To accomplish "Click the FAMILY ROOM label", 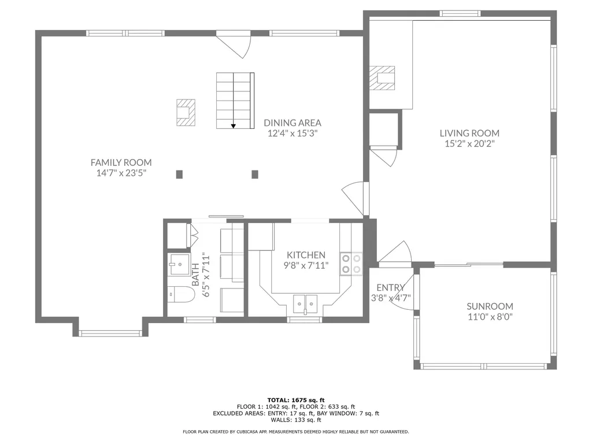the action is [x=121, y=162].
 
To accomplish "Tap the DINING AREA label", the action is [x=293, y=123].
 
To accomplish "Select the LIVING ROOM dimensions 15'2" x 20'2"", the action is [x=469, y=144].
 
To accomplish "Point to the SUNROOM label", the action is [x=490, y=306].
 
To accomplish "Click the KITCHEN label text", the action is [x=306, y=255].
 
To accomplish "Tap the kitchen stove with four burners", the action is [x=351, y=264].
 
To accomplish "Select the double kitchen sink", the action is [x=305, y=303].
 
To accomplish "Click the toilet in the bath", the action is [x=181, y=294].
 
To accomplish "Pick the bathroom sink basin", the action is [x=179, y=264].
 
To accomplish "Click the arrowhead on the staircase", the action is [x=234, y=125].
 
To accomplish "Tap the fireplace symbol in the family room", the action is [x=186, y=112].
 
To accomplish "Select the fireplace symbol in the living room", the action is [x=382, y=78].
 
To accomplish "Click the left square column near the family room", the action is [x=179, y=175].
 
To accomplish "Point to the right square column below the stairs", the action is [x=255, y=175].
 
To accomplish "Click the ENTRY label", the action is [x=390, y=288].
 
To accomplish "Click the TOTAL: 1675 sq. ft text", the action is [x=296, y=400].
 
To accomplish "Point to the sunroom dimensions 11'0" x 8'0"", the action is [x=490, y=317].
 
